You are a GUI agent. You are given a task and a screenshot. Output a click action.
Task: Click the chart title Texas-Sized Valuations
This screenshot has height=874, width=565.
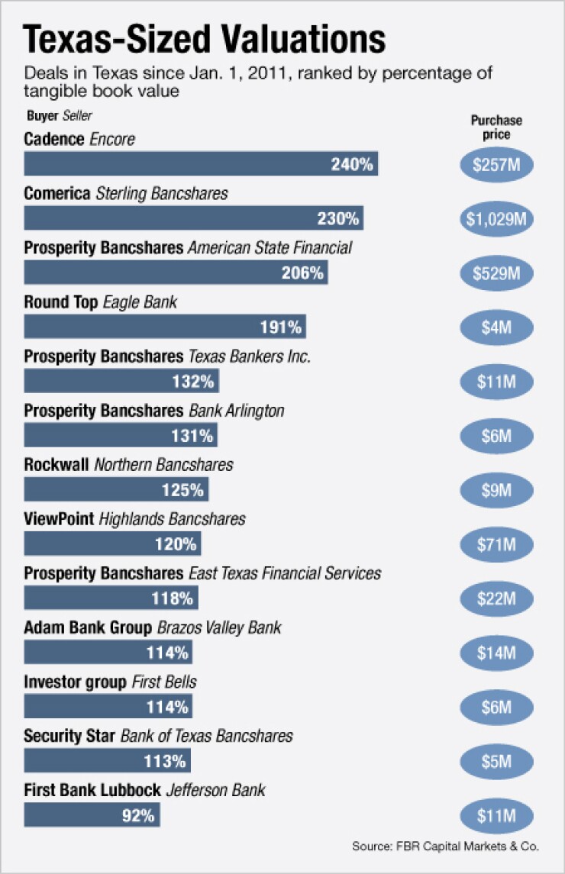[x=205, y=38]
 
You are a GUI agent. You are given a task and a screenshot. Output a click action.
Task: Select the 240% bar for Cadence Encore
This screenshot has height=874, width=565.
[x=201, y=164]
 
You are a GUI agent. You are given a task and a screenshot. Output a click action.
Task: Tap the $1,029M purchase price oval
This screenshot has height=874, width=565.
[x=497, y=219]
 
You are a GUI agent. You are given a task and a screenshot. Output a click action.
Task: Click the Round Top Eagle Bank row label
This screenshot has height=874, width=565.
[x=100, y=302]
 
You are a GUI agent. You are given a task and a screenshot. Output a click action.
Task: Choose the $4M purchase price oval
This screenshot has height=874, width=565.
[x=497, y=327]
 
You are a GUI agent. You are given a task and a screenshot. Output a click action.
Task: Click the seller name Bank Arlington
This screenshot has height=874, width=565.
[x=237, y=411]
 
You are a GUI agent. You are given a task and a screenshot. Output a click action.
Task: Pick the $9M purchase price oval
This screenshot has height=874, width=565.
[x=497, y=491]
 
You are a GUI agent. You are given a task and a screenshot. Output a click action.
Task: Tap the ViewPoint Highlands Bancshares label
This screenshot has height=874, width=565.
[x=134, y=519]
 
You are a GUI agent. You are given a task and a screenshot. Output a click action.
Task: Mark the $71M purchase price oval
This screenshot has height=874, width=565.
[x=497, y=544]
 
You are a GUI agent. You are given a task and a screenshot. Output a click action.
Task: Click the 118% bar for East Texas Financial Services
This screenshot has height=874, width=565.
[x=111, y=598]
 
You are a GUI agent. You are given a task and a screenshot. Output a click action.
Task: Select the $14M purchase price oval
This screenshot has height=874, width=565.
[x=497, y=653]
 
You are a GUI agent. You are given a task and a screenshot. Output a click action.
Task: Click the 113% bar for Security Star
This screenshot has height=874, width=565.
[x=107, y=760]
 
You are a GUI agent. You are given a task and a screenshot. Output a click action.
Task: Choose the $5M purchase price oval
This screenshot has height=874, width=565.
[x=497, y=761]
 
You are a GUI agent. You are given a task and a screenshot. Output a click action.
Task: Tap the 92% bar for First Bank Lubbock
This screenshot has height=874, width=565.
[x=92, y=814]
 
